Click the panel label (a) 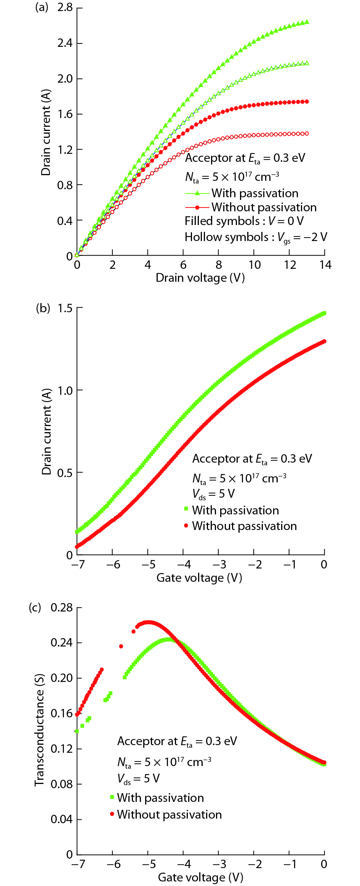click(42, 7)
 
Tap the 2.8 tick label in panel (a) click(65, 8)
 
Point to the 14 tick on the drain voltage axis click(325, 265)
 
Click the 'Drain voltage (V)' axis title click(200, 278)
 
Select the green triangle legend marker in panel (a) click(197, 193)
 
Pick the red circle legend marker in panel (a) click(197, 208)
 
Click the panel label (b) click(43, 308)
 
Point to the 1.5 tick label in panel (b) click(65, 308)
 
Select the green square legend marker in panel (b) click(186, 509)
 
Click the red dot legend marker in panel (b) click(186, 526)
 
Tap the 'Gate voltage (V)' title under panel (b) click(199, 578)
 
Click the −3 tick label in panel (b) click(218, 564)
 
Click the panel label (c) click(35, 607)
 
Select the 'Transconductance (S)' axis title click(39, 730)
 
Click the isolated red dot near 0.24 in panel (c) click(121, 646)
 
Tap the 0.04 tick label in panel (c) click(61, 819)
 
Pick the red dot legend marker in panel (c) click(112, 814)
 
